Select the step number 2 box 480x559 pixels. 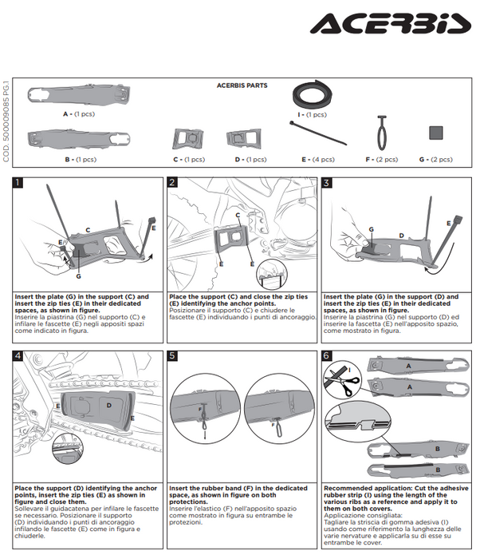[173, 183]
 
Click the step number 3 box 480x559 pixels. [327, 183]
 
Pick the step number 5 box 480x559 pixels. [173, 356]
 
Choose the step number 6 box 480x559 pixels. [327, 356]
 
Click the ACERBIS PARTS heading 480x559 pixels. [242, 85]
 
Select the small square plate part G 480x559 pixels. [435, 133]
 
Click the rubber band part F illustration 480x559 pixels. [382, 132]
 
